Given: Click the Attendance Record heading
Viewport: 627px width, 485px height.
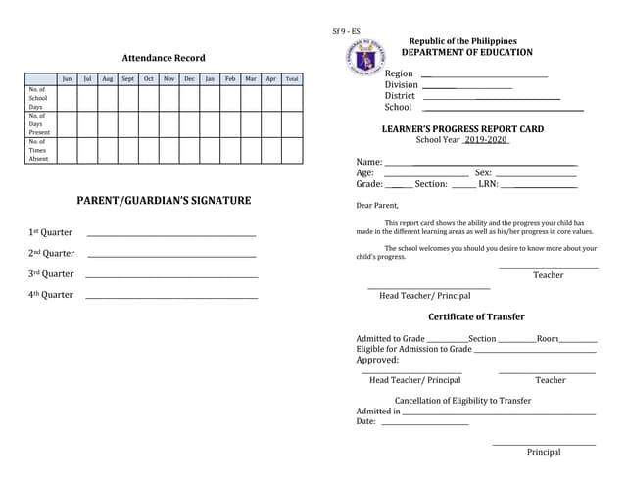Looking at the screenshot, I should tap(164, 58).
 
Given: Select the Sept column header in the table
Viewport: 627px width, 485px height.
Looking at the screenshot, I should tap(127, 78).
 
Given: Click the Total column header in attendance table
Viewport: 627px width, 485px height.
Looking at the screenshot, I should tap(292, 78).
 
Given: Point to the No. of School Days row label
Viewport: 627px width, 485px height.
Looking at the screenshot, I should tap(38, 98).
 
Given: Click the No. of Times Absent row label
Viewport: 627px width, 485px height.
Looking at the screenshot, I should tap(38, 150).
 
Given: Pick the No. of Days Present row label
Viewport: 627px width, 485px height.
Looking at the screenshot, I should tap(38, 123).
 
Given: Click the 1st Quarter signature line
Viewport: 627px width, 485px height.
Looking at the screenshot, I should tap(171, 235).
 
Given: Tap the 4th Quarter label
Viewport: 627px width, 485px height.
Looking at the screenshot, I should tap(51, 295).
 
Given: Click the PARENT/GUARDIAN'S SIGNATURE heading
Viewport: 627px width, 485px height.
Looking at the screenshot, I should tap(164, 201).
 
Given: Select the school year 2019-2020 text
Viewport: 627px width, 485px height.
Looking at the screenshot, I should tap(487, 140).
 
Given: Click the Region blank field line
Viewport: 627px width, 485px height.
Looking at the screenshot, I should tap(484, 76).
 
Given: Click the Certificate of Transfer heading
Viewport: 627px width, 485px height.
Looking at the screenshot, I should tap(476, 316).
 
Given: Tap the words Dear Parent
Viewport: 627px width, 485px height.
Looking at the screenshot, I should tap(377, 206).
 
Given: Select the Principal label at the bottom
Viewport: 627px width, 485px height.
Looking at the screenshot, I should tap(544, 452).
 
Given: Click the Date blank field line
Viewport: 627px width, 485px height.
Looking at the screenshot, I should tap(424, 424).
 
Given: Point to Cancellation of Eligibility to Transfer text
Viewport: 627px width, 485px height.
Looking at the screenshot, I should tap(462, 401).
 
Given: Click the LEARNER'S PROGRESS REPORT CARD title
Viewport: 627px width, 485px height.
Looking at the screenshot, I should tap(462, 129).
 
